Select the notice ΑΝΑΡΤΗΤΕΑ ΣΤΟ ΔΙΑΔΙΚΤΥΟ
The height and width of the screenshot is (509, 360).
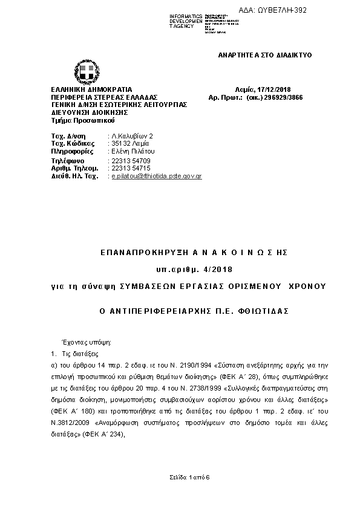pos(264,55)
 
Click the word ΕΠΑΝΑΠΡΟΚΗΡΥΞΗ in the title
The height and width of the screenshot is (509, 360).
pos(133,251)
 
